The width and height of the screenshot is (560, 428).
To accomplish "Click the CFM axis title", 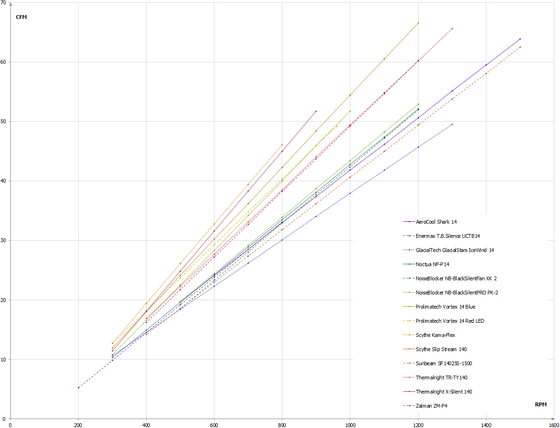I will coord(22,18).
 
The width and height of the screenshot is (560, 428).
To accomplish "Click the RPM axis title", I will coord(541,405).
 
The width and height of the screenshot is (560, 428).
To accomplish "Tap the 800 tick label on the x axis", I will coord(282,424).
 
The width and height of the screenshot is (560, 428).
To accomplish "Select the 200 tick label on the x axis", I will coord(78,424).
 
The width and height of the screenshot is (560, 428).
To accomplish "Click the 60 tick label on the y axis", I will coord(4,62).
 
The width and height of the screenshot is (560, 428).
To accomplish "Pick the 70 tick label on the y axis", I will coord(4,3).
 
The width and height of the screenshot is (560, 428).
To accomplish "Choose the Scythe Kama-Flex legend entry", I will coord(435,335).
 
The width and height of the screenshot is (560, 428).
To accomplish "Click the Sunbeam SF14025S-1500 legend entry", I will coord(444,363).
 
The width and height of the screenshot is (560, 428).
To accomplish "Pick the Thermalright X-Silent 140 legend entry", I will coord(444,392).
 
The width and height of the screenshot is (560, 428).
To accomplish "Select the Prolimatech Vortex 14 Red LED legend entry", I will coord(450,321).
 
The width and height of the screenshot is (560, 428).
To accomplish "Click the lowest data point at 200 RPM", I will coord(78,387).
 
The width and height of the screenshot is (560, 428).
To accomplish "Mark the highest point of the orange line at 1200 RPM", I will coord(418,23).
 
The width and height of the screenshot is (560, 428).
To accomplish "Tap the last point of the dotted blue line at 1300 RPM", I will coord(452,124).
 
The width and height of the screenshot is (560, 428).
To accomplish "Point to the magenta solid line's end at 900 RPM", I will coord(316,111).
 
